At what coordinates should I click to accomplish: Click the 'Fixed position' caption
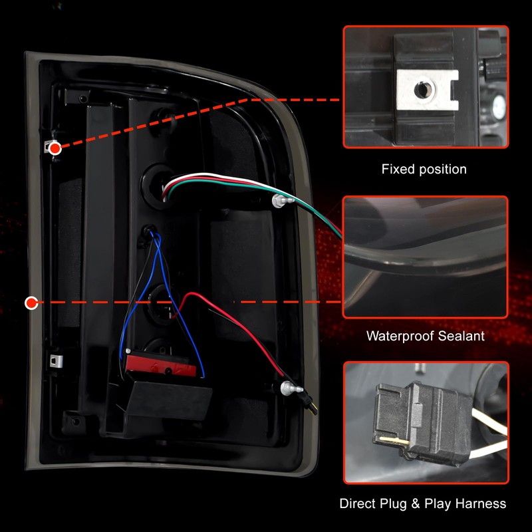pos(424,170)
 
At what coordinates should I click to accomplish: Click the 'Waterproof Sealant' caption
pos(426,336)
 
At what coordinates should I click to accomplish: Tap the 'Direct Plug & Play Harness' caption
pos(423,503)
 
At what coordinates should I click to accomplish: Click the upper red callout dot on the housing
pos(55,148)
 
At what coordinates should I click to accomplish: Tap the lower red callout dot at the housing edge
pos(31,303)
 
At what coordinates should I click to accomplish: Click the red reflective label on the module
pos(158,365)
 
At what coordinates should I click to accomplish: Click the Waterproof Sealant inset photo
pos(426,256)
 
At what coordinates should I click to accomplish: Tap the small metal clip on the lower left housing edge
pos(57,360)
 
